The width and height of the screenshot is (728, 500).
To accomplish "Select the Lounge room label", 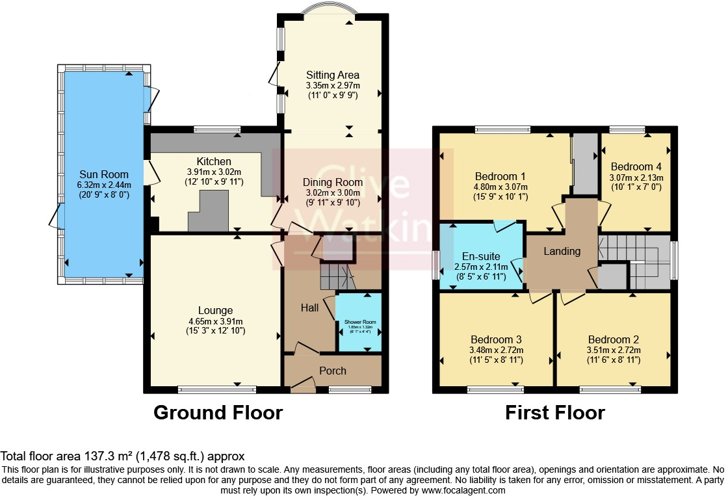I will tap(216, 310).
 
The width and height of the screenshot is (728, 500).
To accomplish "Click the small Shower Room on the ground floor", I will tap(359, 322).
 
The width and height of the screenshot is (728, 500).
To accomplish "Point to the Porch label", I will tap(332, 371).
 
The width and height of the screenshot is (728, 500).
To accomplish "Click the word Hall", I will tap(309, 308).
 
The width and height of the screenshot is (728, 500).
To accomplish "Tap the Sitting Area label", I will tap(333, 75).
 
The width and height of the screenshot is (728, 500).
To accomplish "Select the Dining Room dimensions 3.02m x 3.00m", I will tap(333, 192).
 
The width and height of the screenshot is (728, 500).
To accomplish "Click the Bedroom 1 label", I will tap(500, 176).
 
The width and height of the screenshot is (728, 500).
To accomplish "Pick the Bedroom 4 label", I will tap(636, 166).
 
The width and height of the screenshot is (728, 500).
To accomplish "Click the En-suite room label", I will tap(480, 256).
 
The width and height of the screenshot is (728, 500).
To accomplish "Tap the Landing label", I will tap(562, 251).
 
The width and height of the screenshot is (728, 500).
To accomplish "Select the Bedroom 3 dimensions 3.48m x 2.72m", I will tap(497, 350).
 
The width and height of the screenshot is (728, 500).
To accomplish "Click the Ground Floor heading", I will tap(218, 412).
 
